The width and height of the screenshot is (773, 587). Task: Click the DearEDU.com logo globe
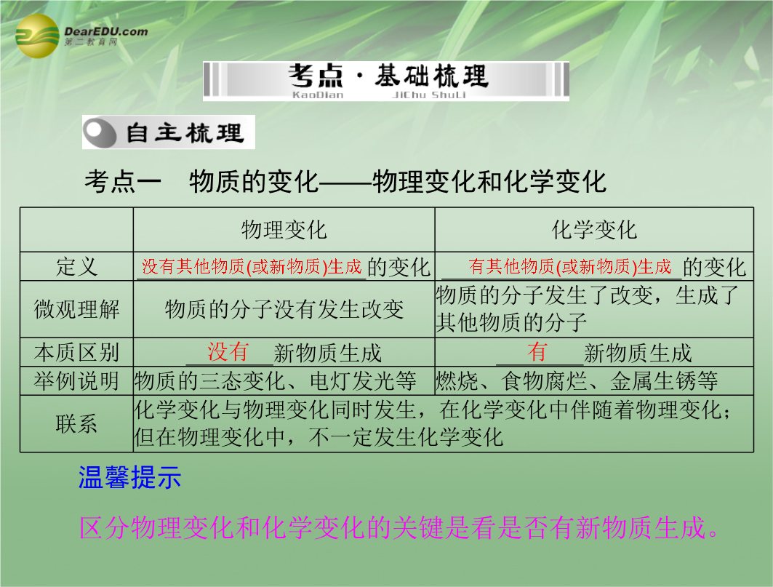(x=38, y=36)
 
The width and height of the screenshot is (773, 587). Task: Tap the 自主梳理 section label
(x=185, y=132)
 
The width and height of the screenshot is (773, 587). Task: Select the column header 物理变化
(x=284, y=230)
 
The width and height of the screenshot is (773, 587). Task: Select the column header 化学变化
(x=594, y=230)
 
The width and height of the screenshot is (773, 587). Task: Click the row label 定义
(x=76, y=267)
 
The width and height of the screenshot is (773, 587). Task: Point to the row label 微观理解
(x=76, y=309)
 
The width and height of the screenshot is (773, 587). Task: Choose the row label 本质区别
(x=76, y=352)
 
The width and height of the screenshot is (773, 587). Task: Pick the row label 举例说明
(x=76, y=381)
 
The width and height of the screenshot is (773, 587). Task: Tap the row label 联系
(x=76, y=424)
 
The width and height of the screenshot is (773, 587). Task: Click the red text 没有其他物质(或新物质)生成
(x=252, y=267)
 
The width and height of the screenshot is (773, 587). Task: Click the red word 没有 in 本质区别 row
(x=228, y=352)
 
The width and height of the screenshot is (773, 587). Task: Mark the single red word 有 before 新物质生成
(x=537, y=352)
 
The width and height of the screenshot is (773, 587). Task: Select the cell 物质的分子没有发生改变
(x=284, y=309)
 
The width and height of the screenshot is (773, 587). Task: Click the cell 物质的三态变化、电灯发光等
(x=275, y=381)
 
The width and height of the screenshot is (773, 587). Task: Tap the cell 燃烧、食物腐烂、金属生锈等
(x=577, y=381)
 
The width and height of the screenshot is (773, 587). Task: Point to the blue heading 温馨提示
(x=129, y=477)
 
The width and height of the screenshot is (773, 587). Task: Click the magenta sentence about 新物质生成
(x=399, y=527)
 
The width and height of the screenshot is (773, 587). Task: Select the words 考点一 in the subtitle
(x=123, y=181)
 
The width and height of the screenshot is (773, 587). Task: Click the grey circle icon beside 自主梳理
(x=100, y=132)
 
